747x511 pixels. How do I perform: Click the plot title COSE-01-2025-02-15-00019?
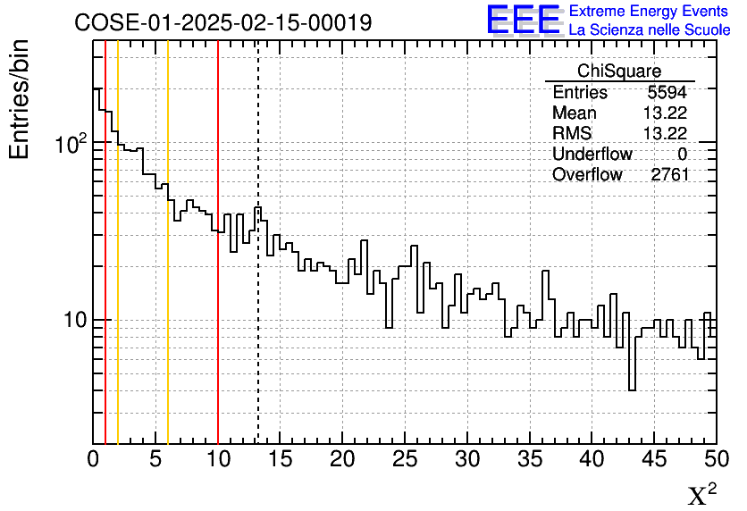(x=222, y=22)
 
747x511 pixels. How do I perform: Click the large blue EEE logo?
(x=523, y=21)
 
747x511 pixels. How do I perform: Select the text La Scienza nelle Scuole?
(x=649, y=30)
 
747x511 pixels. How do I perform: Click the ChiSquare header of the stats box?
(x=618, y=71)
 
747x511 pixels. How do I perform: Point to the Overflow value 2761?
(x=669, y=174)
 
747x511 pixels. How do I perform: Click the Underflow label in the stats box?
(x=592, y=154)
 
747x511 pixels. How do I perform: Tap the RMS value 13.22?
(x=665, y=133)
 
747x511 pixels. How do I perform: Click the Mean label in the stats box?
(x=574, y=113)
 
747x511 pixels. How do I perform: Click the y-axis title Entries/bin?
(x=20, y=99)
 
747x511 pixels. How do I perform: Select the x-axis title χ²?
(x=701, y=495)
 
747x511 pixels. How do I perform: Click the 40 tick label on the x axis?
(x=592, y=459)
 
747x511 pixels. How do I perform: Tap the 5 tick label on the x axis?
(x=155, y=459)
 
